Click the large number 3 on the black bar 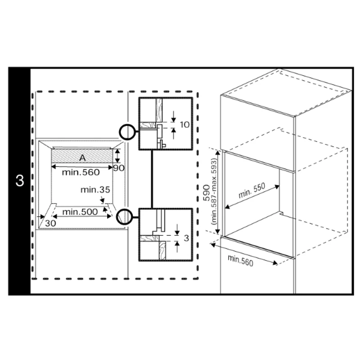tap(20, 180)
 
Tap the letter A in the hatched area tap(82, 158)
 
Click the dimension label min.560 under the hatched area tap(81, 172)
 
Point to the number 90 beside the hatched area tap(119, 168)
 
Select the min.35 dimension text tap(95, 189)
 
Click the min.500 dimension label tap(80, 211)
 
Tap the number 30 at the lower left tap(50, 223)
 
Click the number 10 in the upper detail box tap(185, 125)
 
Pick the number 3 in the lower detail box tap(186, 238)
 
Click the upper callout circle tap(127, 125)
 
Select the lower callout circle tap(125, 209)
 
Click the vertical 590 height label tap(207, 193)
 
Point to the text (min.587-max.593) tap(215, 192)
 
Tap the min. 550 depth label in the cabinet tap(252, 190)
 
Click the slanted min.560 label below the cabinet tap(240, 261)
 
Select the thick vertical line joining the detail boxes tap(152, 179)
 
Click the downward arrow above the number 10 tap(174, 117)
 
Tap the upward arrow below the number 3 tap(177, 247)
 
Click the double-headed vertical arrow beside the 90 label tap(117, 156)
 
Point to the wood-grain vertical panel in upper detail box tap(159, 110)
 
